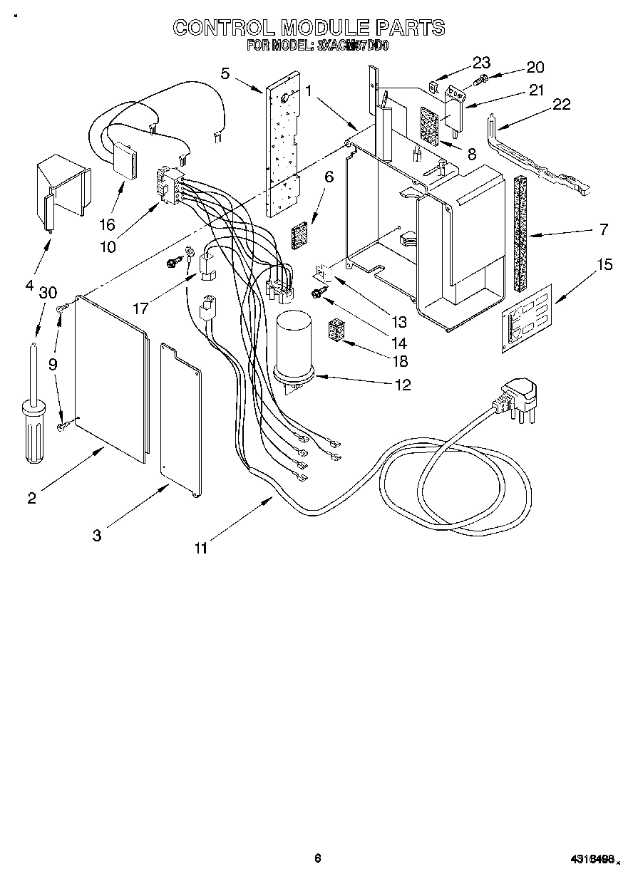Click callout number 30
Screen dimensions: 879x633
click(48, 292)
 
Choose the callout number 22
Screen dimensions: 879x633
click(562, 105)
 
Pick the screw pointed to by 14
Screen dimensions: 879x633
click(317, 293)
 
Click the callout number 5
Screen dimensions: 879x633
click(225, 73)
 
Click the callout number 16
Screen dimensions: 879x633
click(107, 225)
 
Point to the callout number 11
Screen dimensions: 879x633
click(202, 548)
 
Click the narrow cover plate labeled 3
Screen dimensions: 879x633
click(179, 420)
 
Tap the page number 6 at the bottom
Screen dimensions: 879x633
click(318, 858)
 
